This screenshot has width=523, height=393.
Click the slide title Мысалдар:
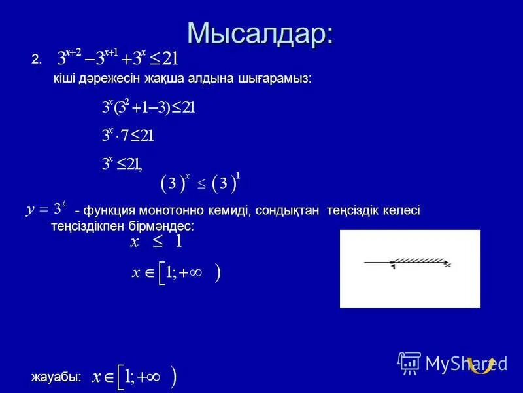tap(260, 34)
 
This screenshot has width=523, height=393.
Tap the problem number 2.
tap(36, 60)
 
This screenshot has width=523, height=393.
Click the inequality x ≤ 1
tap(156, 242)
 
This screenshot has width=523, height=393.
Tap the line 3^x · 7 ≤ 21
tap(128, 136)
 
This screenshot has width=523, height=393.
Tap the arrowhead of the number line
tap(447, 265)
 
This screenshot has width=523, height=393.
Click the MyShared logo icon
tap(409, 362)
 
